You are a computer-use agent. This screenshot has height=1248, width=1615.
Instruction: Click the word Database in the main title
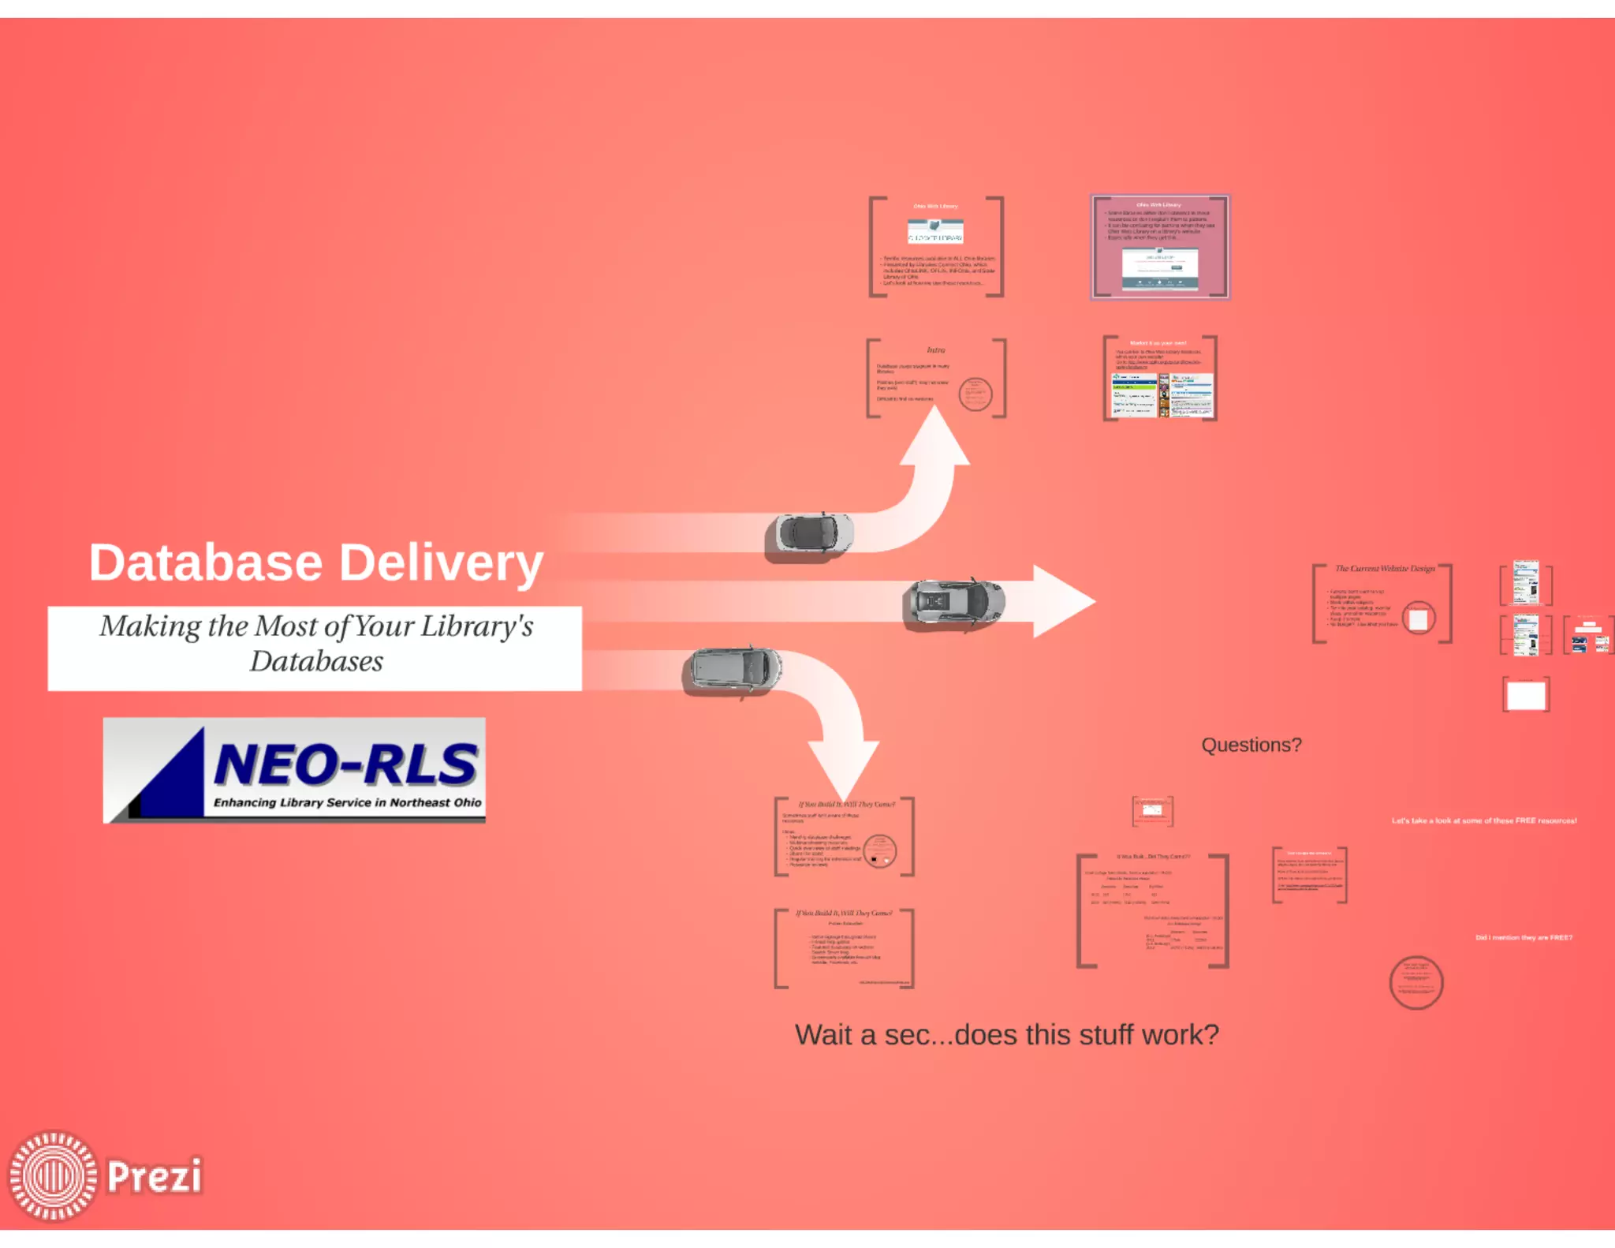pos(206,563)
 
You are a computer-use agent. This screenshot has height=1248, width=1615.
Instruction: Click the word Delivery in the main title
pos(441,563)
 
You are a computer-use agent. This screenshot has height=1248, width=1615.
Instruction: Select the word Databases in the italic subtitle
pos(316,661)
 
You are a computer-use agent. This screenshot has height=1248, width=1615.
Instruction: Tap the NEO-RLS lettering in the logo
pos(345,764)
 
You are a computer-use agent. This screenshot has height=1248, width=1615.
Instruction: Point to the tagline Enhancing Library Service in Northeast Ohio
pos(347,802)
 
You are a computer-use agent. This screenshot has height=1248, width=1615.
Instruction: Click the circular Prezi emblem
pos(53,1175)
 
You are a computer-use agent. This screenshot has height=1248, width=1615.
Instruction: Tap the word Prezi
pos(155,1176)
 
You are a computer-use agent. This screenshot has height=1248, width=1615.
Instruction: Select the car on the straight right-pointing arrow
pos(953,603)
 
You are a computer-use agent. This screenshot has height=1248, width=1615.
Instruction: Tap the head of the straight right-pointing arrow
pos(1061,601)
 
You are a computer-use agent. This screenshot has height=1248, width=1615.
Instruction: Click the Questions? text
pos(1251,745)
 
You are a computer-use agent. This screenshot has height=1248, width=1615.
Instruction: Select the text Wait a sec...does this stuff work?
pos(1006,1034)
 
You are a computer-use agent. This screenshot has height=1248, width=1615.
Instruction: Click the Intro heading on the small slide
pos(936,349)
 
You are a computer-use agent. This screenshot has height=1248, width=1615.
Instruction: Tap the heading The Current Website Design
pos(1384,568)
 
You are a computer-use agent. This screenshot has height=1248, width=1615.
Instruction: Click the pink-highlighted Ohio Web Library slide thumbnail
pos(1159,247)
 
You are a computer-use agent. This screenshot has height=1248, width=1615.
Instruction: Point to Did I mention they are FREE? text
pos(1524,937)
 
